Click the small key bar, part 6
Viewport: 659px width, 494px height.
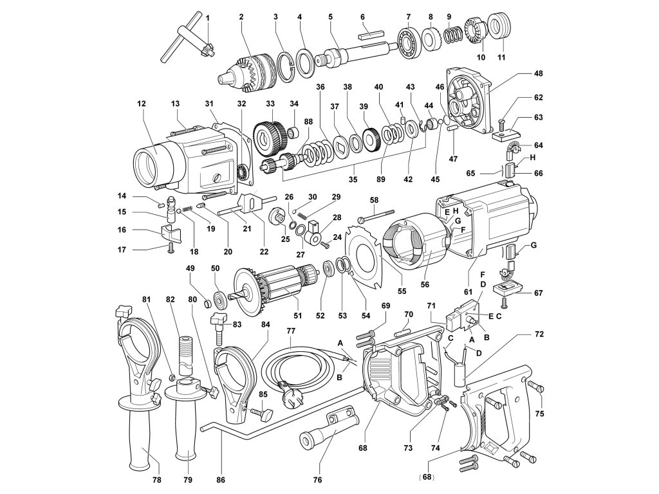pyautogui.click(x=372, y=29)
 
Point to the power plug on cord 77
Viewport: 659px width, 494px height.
pyautogui.click(x=284, y=387)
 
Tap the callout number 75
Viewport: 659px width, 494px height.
pyautogui.click(x=539, y=414)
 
